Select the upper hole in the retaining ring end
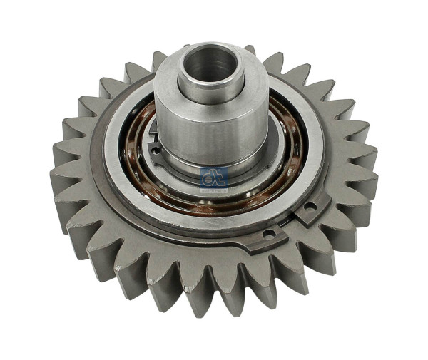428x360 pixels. [310, 206]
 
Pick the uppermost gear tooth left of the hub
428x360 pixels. [159, 60]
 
